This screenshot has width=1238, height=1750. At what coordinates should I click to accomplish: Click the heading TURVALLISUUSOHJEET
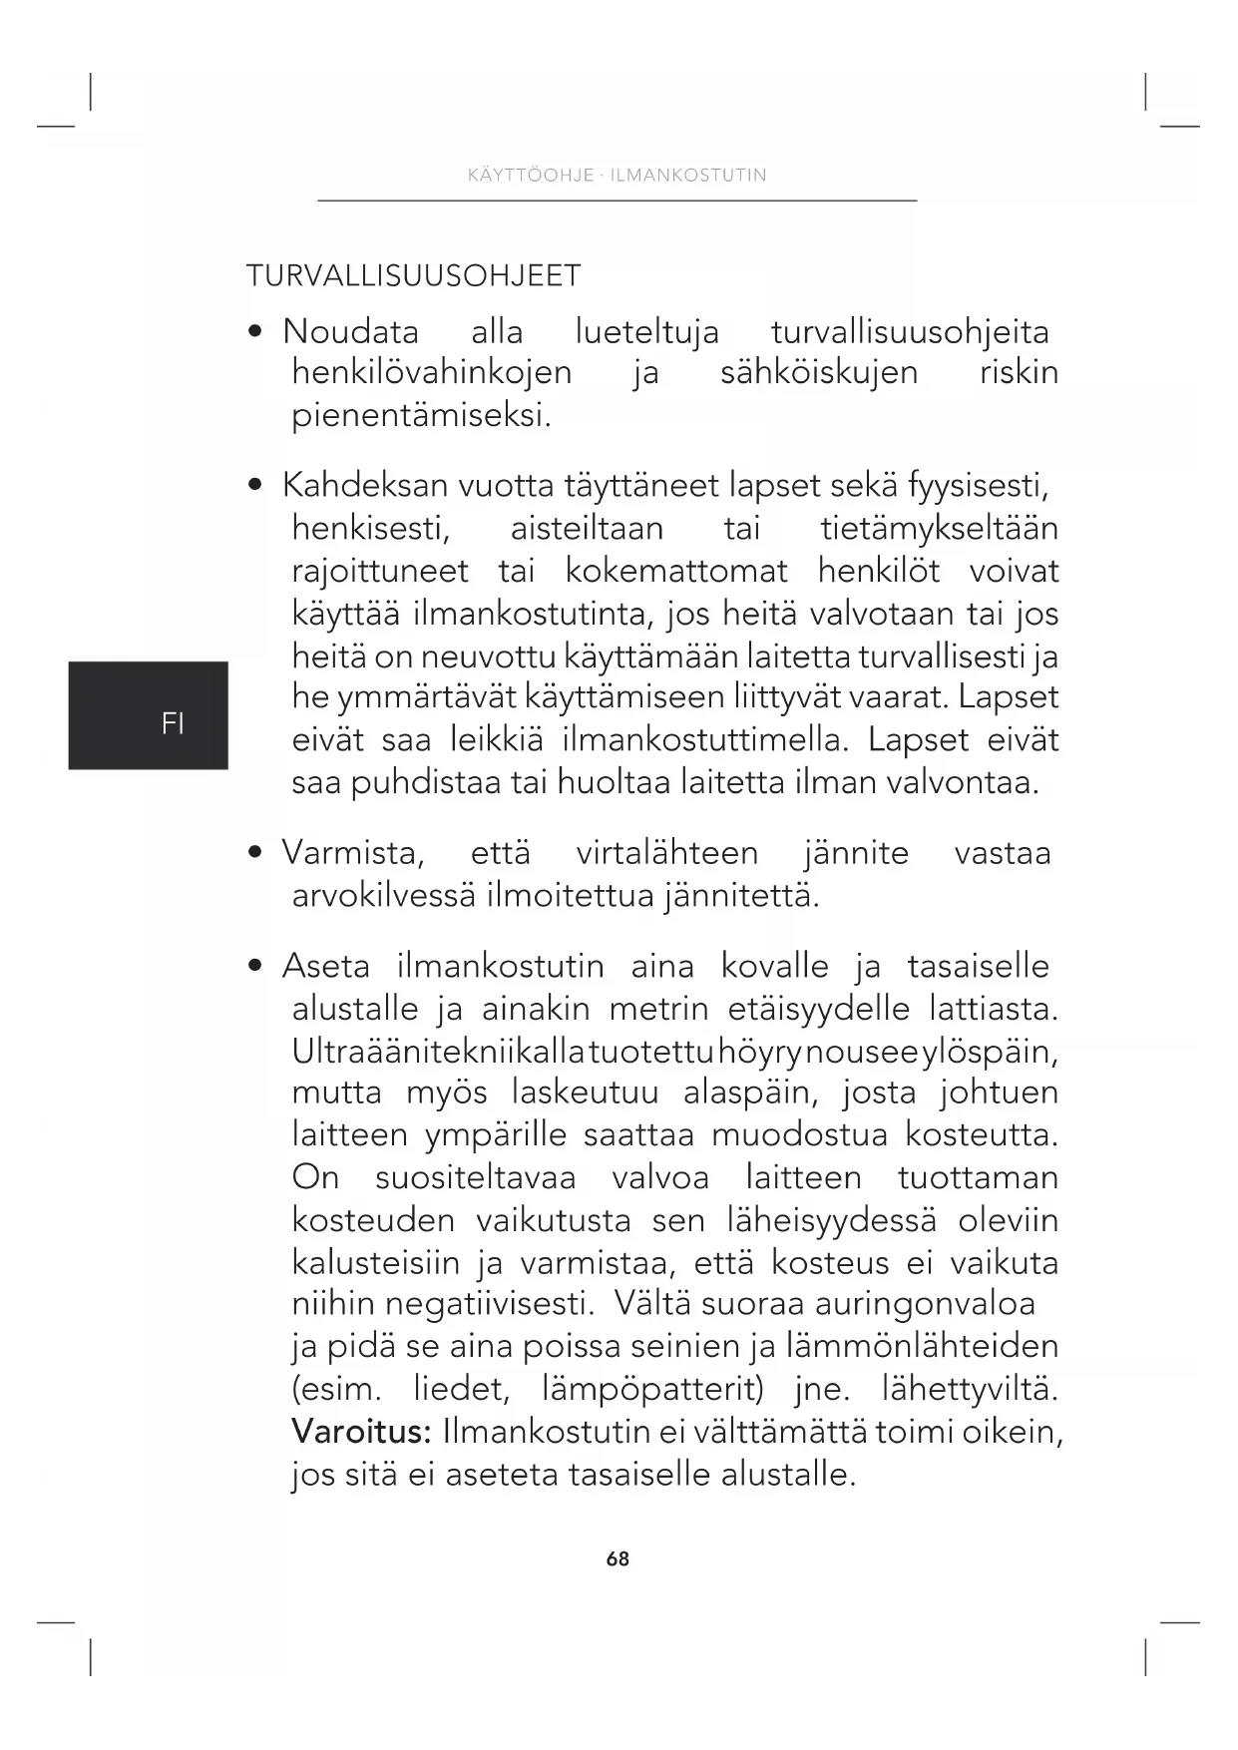[413, 275]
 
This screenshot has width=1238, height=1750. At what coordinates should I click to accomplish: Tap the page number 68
[618, 1558]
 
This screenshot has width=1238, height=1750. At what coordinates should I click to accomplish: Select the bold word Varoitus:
[361, 1432]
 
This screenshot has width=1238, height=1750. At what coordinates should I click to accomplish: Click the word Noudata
[350, 331]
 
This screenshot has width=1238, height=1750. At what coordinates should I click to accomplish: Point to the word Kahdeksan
[365, 486]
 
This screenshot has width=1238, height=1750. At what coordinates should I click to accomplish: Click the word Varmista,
[353, 853]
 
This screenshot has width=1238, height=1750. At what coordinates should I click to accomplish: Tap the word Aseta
[325, 966]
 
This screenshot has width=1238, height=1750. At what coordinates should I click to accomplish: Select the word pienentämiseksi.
[421, 415]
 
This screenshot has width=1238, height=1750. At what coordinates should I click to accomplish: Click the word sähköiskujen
[818, 373]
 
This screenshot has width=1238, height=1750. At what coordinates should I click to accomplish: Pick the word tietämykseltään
[939, 528]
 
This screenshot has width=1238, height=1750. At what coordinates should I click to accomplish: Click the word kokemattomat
[676, 571]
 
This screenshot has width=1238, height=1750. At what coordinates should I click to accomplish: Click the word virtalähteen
[666, 853]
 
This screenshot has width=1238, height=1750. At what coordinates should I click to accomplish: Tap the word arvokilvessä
[383, 896]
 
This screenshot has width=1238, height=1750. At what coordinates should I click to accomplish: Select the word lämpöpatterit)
[652, 1389]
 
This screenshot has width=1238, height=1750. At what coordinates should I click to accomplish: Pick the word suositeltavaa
[475, 1177]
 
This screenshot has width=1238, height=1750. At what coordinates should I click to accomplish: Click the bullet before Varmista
[257, 853]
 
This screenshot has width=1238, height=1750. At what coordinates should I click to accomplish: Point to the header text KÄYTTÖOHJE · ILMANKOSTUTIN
[617, 176]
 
